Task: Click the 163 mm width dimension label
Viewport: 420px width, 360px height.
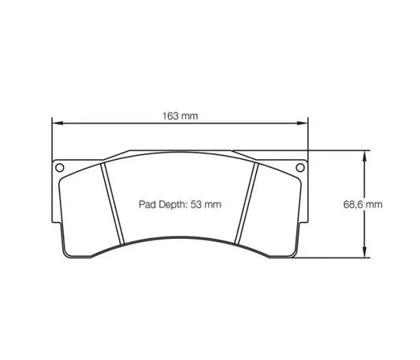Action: point(180,116)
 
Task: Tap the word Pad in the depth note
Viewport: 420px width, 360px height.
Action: point(147,204)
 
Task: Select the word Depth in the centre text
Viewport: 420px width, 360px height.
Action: point(173,204)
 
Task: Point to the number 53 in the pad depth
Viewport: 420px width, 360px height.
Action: point(197,204)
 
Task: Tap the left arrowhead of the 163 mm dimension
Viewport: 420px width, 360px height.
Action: point(57,124)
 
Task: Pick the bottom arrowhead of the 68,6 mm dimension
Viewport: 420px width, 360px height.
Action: point(364,251)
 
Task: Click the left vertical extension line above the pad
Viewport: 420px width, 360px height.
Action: point(52,142)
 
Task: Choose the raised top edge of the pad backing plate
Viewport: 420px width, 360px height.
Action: point(179,150)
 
